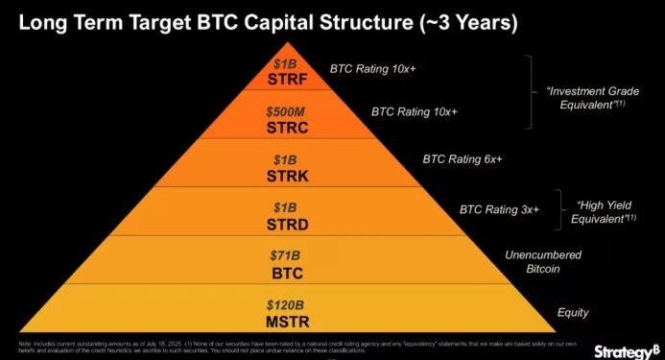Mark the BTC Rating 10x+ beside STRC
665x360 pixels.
[415, 111]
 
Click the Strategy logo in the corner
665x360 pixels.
[625, 349]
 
